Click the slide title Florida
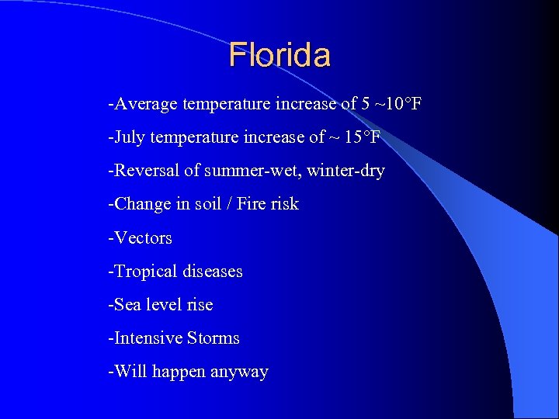(279, 55)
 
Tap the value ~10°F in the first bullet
(398, 104)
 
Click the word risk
(284, 204)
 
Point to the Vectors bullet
(142, 237)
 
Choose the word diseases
(213, 272)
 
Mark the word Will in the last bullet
(128, 372)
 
